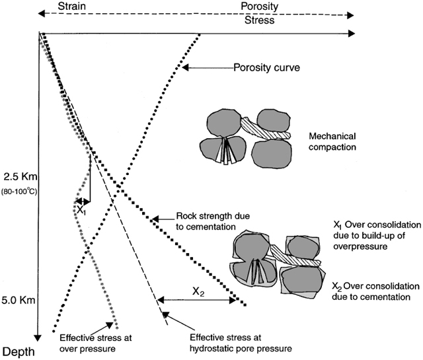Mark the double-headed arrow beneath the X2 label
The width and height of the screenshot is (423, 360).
pyautogui.click(x=197, y=300)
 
